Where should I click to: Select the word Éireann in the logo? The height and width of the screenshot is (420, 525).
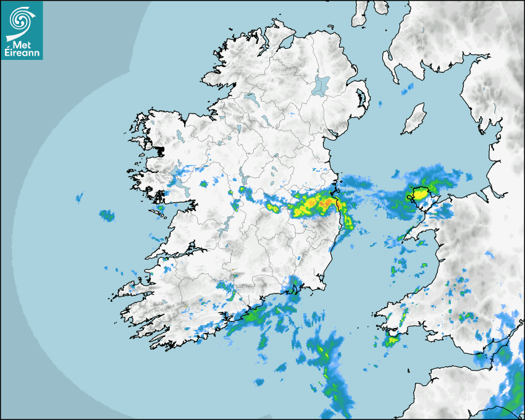(x=22, y=53)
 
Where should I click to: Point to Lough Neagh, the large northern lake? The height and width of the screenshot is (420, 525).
(x=321, y=85)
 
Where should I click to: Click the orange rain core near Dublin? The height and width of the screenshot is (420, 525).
(x=323, y=203)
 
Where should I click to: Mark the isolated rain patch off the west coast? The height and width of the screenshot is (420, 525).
(x=107, y=216)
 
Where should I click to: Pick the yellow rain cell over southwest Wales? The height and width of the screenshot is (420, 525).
(x=391, y=340)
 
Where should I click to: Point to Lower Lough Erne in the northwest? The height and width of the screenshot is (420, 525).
(x=250, y=99)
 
